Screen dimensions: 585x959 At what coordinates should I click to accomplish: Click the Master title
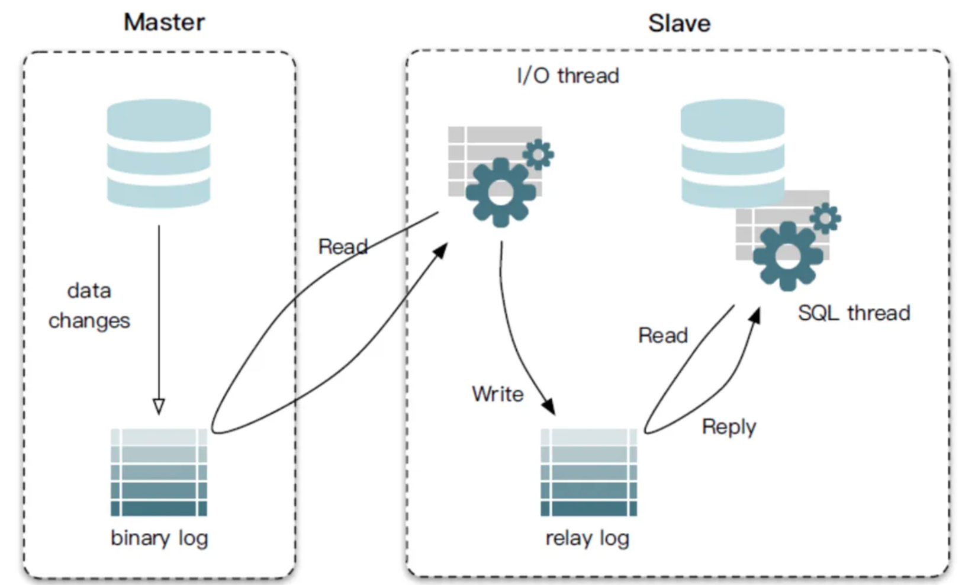(x=164, y=22)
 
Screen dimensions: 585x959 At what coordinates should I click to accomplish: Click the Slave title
(x=679, y=24)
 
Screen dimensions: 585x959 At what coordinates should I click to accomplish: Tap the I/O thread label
(x=568, y=76)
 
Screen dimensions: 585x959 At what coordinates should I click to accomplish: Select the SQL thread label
(x=854, y=313)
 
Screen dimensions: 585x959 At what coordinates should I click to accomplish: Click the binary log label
(x=159, y=538)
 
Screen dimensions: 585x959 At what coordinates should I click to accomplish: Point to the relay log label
(x=587, y=538)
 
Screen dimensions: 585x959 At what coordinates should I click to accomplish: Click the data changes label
(x=89, y=306)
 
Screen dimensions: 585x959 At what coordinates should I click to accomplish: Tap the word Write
(x=498, y=394)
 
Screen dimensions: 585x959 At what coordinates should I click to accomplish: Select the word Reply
(x=729, y=426)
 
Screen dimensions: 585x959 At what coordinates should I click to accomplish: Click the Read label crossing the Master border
(x=343, y=246)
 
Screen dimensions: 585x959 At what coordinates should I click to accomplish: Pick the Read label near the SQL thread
(x=663, y=335)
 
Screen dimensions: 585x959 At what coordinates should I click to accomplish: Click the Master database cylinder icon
(x=159, y=153)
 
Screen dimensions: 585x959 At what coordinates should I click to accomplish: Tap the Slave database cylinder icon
(x=732, y=153)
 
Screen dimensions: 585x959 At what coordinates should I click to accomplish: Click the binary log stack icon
(x=159, y=472)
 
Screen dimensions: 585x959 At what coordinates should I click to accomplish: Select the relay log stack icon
(x=588, y=472)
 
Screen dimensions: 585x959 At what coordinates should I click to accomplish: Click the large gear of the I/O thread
(x=501, y=191)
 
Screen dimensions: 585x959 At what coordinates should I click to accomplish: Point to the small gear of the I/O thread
(x=538, y=155)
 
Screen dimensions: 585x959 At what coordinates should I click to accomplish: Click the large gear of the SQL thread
(x=787, y=255)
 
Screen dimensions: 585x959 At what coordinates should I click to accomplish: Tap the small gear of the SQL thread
(x=825, y=218)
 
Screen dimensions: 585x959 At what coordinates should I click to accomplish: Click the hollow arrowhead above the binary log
(x=159, y=406)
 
